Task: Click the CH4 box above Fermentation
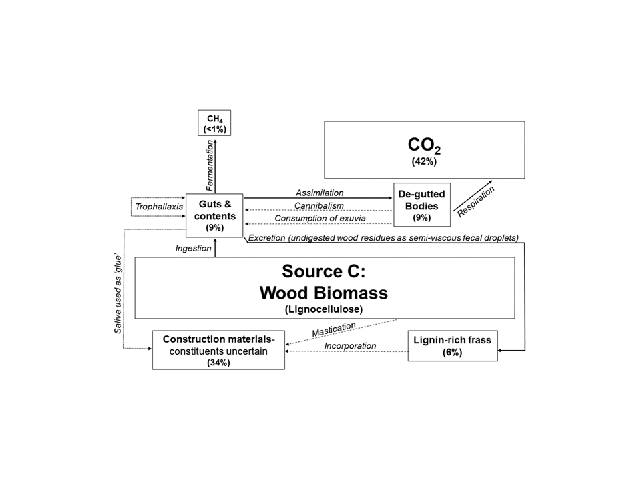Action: [214, 123]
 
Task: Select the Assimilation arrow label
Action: [319, 193]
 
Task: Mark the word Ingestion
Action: [193, 248]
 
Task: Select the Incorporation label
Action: [350, 346]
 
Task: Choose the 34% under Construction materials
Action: [218, 363]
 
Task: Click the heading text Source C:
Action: [324, 272]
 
